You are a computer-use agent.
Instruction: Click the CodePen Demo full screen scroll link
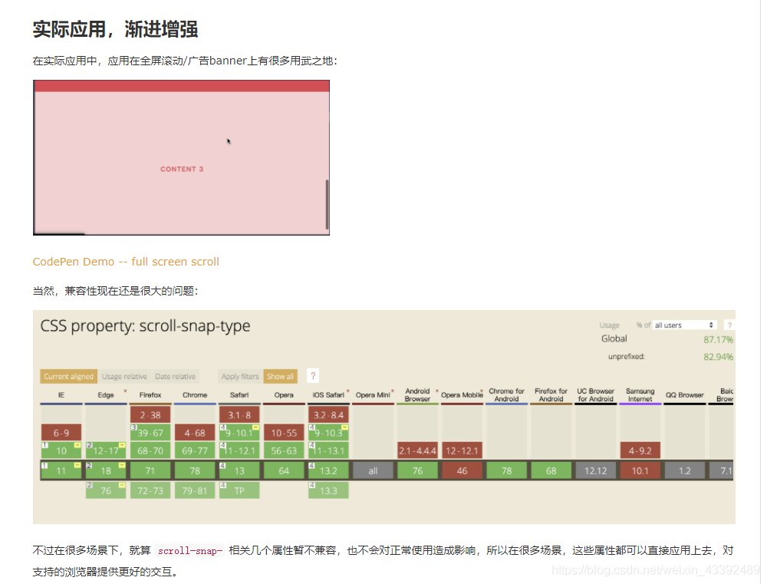pos(126,262)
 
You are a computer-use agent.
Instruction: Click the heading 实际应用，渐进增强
pos(115,29)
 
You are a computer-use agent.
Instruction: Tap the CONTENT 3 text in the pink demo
pos(182,169)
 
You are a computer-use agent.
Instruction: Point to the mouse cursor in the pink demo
pos(229,141)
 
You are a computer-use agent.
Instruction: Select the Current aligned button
pos(68,377)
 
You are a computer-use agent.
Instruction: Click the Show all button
pos(280,377)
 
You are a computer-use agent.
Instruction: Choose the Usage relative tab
pos(124,377)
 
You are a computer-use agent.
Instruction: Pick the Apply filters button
pos(240,377)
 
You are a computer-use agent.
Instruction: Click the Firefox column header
pos(150,395)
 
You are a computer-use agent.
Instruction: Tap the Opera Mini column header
pos(373,395)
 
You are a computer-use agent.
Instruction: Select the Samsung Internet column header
pos(640,395)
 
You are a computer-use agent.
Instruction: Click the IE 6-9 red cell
pos(61,433)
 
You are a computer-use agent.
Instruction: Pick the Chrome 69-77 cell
pos(195,451)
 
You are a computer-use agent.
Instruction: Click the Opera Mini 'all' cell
pos(373,471)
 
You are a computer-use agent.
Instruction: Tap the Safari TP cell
pos(239,490)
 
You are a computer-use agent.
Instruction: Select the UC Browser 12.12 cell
pos(596,471)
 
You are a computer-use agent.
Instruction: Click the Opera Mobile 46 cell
pos(462,471)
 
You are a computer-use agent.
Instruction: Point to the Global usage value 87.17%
pos(718,339)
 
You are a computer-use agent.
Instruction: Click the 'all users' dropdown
pos(684,325)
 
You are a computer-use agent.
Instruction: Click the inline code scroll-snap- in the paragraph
pos(189,551)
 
